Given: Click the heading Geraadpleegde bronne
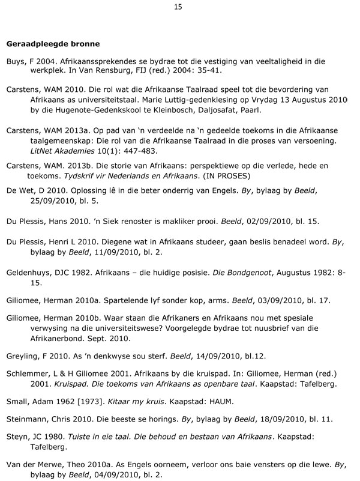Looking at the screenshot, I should [x=53, y=44].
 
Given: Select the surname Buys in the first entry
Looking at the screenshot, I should [x=16, y=61].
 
